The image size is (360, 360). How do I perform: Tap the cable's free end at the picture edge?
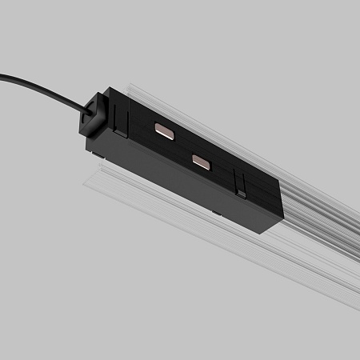click(2, 77)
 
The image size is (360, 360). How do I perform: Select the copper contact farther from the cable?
click(201, 161)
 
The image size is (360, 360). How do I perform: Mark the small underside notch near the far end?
click(217, 214)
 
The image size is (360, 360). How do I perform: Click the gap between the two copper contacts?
click(182, 146)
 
